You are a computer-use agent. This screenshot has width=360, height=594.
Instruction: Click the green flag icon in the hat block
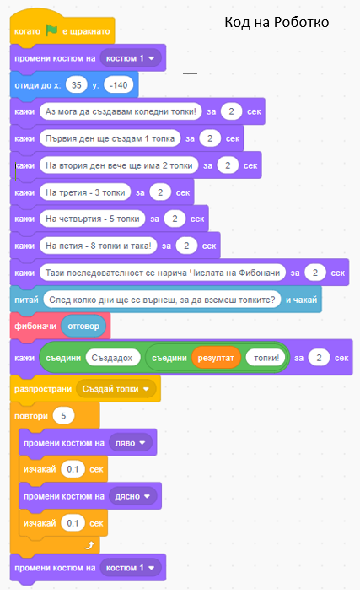51,30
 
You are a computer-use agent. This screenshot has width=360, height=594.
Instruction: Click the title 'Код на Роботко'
277,22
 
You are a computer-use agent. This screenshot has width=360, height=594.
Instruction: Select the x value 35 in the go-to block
77,85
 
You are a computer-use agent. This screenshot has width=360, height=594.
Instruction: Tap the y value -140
119,85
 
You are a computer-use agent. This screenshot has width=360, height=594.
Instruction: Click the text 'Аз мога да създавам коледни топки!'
121,111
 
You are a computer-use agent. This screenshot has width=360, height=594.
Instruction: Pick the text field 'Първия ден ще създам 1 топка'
110,138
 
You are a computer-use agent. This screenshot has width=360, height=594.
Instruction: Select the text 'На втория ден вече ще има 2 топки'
119,165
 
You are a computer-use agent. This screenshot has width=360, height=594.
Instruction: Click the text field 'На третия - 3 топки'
85,192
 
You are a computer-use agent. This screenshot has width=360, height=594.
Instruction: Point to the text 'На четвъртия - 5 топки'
93,219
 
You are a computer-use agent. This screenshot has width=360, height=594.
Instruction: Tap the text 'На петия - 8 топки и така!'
98,246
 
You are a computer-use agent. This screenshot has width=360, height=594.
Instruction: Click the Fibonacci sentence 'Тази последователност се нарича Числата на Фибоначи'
163,273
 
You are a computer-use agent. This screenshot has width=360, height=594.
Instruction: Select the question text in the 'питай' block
162,300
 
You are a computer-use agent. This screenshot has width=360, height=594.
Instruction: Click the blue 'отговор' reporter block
83,327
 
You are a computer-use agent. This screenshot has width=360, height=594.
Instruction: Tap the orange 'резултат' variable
216,358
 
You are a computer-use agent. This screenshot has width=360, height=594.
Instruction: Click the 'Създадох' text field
113,358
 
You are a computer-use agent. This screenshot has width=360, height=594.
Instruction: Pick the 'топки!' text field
266,358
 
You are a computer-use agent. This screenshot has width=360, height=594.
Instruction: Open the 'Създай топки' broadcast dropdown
116,389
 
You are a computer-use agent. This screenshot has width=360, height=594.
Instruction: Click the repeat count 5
63,416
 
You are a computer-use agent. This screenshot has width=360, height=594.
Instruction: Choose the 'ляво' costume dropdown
131,443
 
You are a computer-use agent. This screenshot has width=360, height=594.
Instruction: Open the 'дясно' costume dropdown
133,496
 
